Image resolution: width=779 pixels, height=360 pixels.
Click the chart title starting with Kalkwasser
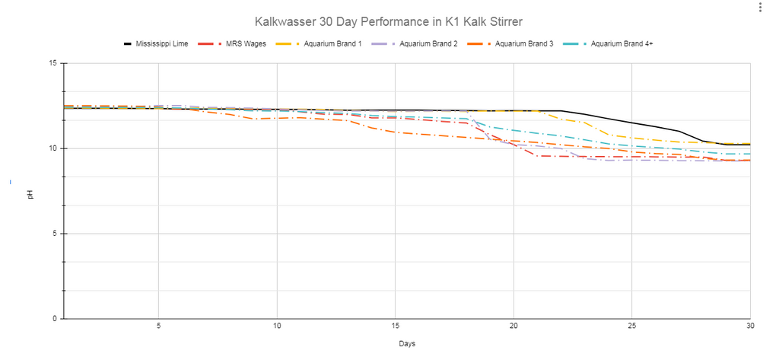coord(389,22)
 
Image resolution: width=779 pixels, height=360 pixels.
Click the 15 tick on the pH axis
coord(53,63)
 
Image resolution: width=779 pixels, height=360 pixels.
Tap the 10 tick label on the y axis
coord(53,148)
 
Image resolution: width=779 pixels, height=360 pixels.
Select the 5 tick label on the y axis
coord(55,234)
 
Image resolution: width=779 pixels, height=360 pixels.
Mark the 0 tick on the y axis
coord(55,319)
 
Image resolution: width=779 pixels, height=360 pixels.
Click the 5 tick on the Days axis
coord(158,327)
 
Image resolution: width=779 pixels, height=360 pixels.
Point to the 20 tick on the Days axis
coord(514,327)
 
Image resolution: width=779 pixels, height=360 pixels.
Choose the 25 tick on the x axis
coord(631,327)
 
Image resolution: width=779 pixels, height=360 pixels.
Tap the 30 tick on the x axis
coord(749,327)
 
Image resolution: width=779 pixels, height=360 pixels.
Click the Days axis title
coord(407,343)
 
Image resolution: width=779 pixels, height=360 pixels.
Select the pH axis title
coord(30,194)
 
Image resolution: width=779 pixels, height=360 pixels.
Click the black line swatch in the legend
coord(128,43)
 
